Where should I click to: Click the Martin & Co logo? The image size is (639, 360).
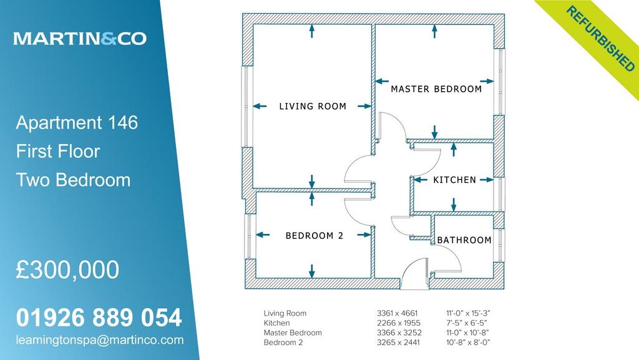(80, 39)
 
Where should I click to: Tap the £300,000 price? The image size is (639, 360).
(67, 270)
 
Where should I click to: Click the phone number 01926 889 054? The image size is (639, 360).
(99, 318)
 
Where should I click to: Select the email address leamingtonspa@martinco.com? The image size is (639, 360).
(100, 340)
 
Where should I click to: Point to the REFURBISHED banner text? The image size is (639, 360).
(601, 38)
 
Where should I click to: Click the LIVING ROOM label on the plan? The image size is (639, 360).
(313, 106)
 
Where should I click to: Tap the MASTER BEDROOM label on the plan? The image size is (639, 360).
(436, 89)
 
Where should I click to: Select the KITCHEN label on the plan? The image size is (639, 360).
(454, 180)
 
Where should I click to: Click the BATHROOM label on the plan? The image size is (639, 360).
(464, 240)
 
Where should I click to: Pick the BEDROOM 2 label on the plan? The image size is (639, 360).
(315, 236)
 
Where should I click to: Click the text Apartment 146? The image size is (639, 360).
(77, 122)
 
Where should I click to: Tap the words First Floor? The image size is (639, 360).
(57, 151)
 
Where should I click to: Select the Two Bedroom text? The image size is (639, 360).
(73, 180)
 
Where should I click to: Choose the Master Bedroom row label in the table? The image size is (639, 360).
(293, 333)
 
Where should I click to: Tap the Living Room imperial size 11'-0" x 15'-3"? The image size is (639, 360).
(472, 313)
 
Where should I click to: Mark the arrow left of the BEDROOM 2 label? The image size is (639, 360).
(264, 235)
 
